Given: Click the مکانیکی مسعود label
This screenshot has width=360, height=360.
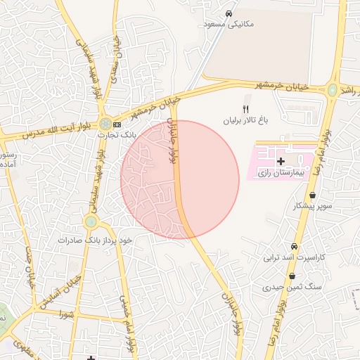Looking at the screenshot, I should point(227,24).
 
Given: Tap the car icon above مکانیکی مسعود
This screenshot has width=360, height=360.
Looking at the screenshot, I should point(229,14).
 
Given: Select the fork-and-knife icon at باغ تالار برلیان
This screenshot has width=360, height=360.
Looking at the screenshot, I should point(245,110).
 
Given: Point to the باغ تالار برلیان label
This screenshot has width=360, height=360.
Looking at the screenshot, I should point(246,121).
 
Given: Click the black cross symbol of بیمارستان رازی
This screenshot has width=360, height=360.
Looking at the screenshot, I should point(281,162).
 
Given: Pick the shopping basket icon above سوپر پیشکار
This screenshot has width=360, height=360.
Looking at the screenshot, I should point(312,196).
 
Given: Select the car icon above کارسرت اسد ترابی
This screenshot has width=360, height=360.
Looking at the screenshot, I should point(294,247).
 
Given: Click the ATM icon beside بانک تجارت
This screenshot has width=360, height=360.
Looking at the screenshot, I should point(117,124).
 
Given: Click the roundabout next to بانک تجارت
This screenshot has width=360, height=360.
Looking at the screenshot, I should point(105,124).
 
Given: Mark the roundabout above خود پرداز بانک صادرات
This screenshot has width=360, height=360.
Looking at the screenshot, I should point(91,223).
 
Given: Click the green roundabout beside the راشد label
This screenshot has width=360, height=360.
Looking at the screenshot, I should point(333,89).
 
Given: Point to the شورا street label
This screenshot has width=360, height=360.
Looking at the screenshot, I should point(67,313).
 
